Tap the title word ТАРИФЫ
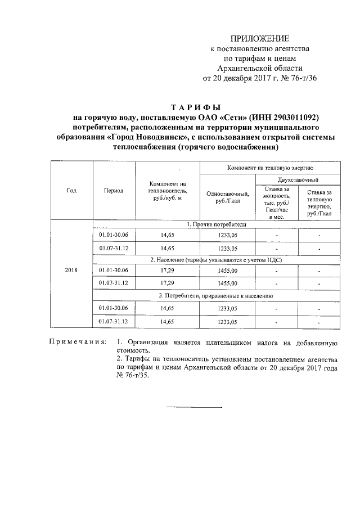[x=195, y=107]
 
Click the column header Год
[x=71, y=190]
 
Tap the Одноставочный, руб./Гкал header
[x=228, y=197]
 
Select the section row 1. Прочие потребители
[x=216, y=224]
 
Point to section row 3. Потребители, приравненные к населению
[x=216, y=295]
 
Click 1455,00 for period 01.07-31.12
[x=228, y=283]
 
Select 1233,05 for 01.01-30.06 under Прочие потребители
[x=228, y=235]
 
